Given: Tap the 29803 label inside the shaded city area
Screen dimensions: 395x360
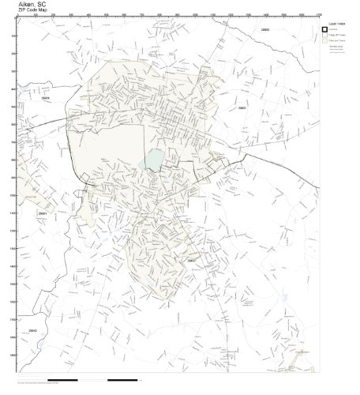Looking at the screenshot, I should pyautogui.click(x=191, y=260).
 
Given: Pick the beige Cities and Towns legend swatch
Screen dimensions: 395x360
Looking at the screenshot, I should pyautogui.click(x=324, y=43).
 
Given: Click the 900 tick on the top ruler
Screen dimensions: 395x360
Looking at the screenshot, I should pyautogui.click(x=175, y=15).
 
